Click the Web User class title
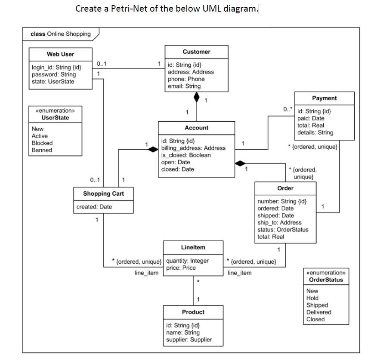coord(60,54)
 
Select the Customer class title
coord(196,52)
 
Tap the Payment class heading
coord(324,98)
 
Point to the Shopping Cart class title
coord(103,194)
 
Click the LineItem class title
coord(193,247)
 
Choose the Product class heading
coord(193,312)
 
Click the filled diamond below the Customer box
coord(197,97)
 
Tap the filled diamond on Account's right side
coord(241,163)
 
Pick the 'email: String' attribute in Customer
coord(184,86)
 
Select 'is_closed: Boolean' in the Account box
coord(186,155)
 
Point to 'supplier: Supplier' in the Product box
coord(189,339)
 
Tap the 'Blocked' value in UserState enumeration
coord(42,143)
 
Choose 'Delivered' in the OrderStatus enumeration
coord(318,312)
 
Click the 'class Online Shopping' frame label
coord(61,34)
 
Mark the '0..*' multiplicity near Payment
coord(287,110)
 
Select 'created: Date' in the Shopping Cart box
coord(94,207)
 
